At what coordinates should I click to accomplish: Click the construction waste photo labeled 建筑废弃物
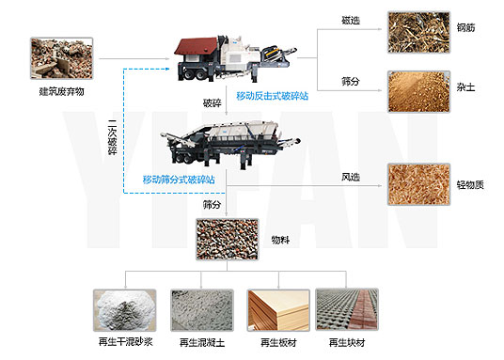tap(62, 59)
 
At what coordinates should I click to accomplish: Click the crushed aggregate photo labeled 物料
tap(227, 241)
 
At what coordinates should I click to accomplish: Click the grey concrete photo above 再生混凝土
tap(200, 311)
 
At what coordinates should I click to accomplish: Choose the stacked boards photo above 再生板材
tap(276, 311)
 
